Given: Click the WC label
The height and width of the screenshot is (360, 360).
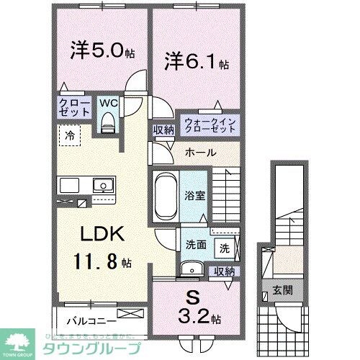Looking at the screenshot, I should click(x=108, y=103).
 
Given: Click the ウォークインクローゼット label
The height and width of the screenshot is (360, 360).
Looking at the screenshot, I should click(x=210, y=125).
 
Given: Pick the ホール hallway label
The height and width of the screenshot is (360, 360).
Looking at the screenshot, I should click(x=199, y=153).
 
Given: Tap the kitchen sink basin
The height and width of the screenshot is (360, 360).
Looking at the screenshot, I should click(x=104, y=185).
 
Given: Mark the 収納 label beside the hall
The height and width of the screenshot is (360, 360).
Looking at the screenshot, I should click(x=163, y=130).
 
